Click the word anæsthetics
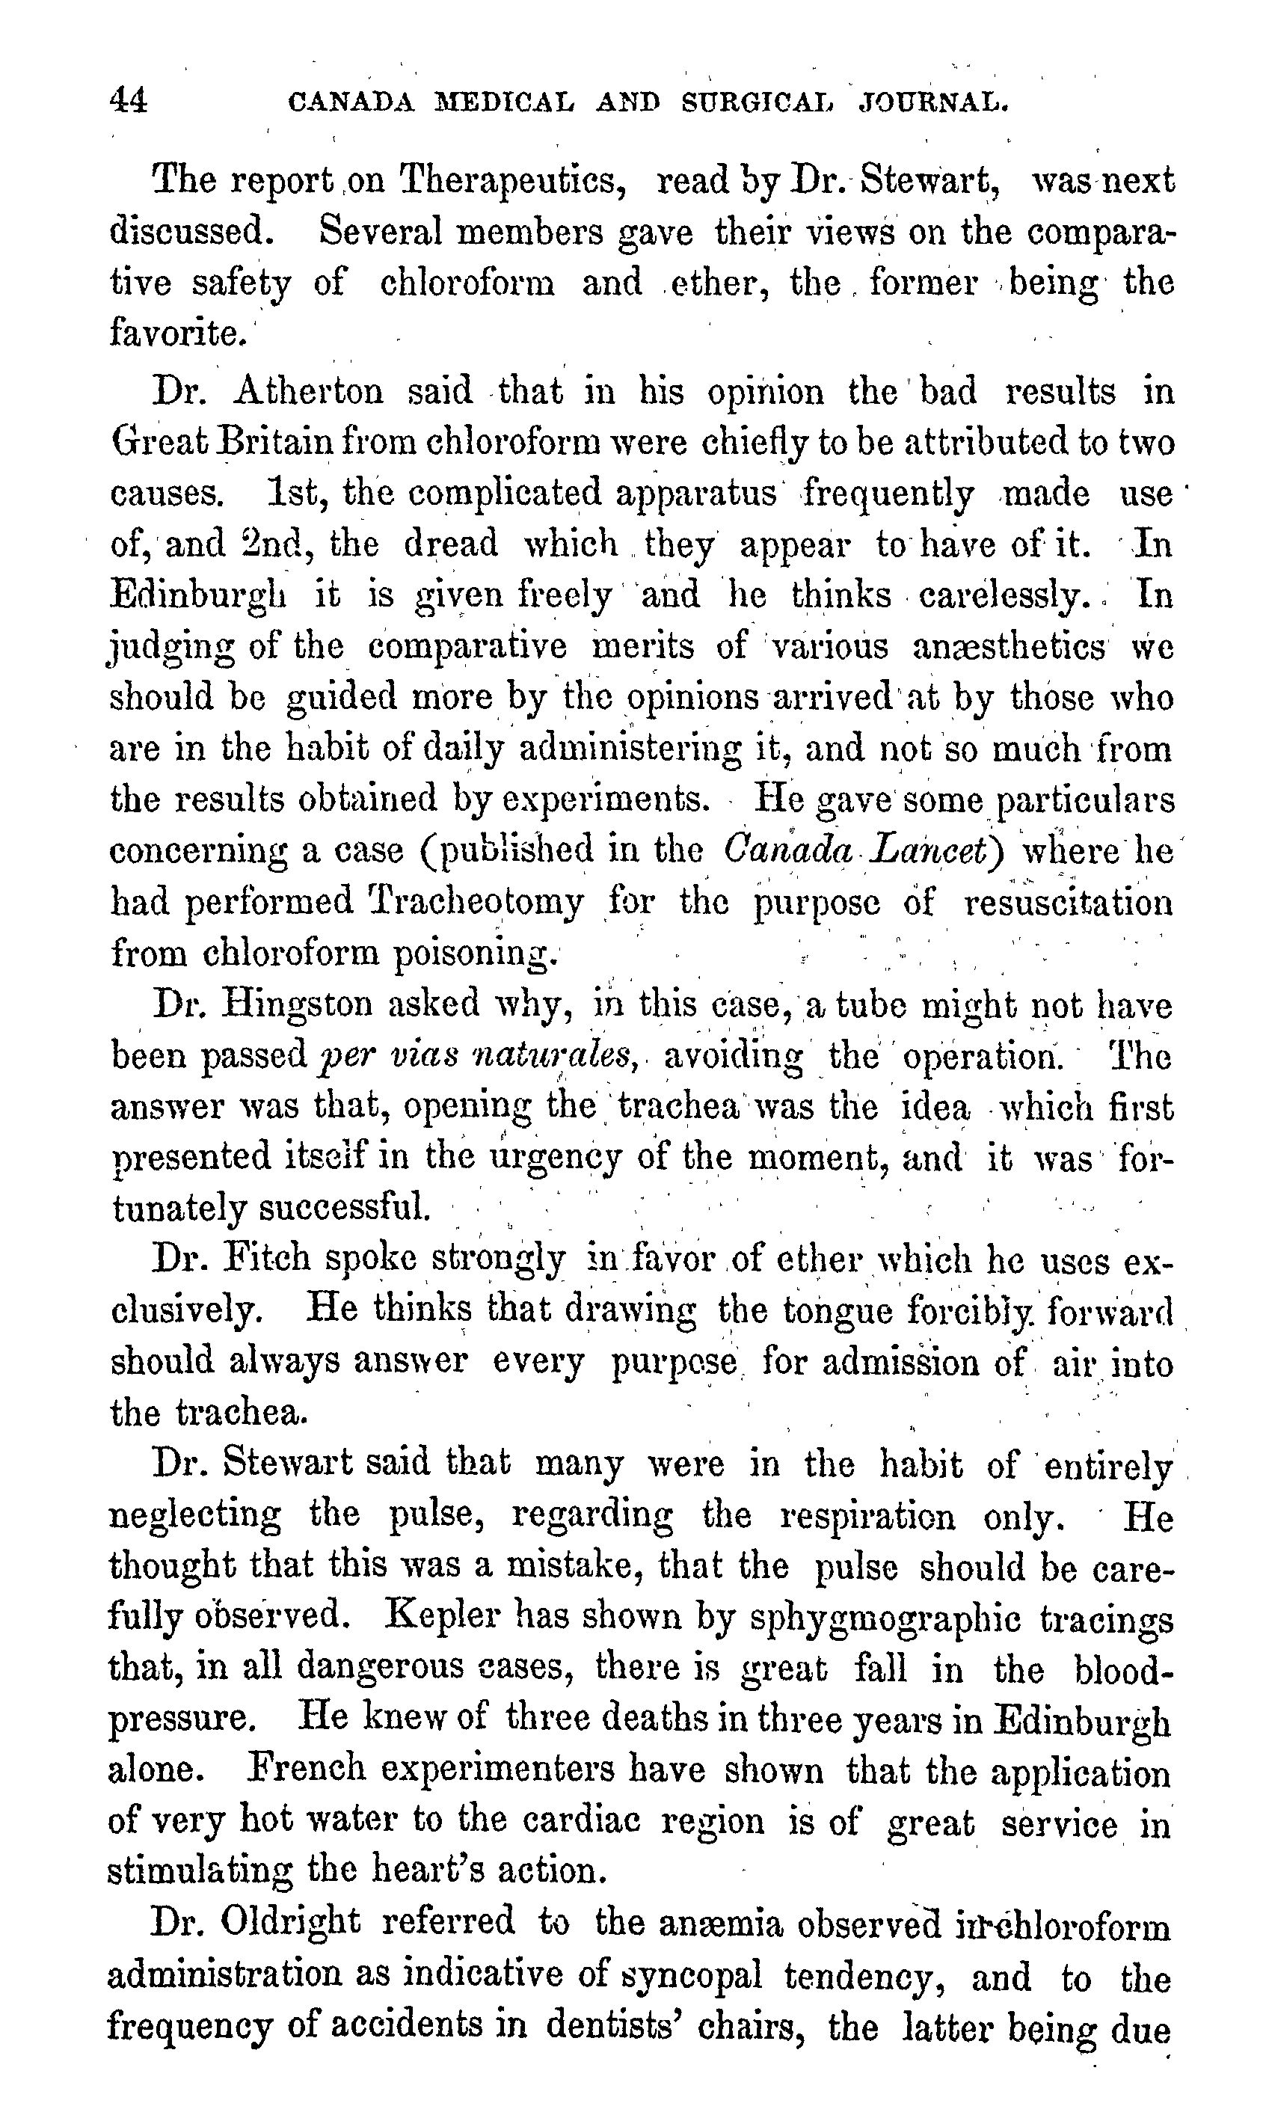tap(1009, 647)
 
